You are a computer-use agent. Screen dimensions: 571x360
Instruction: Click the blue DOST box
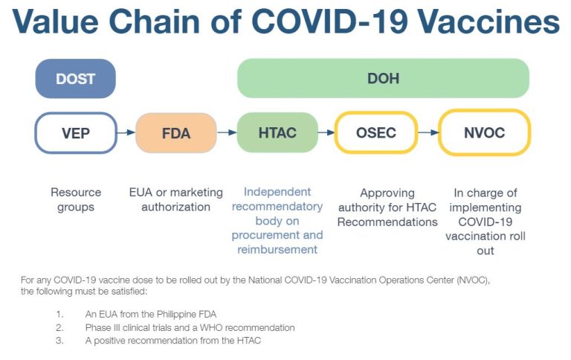click(x=75, y=78)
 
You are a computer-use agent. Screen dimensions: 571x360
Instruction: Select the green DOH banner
click(x=383, y=78)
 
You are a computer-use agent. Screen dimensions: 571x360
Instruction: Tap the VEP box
click(x=76, y=133)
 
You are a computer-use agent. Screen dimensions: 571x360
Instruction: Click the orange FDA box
click(x=176, y=133)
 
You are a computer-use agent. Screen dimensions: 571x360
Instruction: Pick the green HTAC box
click(x=277, y=132)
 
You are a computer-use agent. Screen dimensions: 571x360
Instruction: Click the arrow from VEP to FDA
click(x=126, y=132)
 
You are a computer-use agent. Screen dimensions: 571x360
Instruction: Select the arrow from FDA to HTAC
click(x=227, y=132)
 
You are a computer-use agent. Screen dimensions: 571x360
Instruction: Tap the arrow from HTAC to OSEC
click(x=326, y=132)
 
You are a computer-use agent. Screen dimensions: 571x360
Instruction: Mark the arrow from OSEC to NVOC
click(x=428, y=132)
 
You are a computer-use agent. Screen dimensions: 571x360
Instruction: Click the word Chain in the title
click(x=155, y=21)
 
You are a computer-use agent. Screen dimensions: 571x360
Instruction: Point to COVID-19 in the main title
click(x=329, y=21)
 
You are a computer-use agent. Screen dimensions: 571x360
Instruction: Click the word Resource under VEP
click(x=76, y=192)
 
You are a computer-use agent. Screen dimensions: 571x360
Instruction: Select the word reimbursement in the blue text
click(x=277, y=250)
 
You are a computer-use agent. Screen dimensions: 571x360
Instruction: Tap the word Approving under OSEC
click(x=387, y=193)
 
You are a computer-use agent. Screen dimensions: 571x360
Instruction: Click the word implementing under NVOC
click(x=485, y=208)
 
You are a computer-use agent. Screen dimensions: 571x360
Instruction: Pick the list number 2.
click(x=60, y=327)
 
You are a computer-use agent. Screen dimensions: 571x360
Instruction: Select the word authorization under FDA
click(x=176, y=207)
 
